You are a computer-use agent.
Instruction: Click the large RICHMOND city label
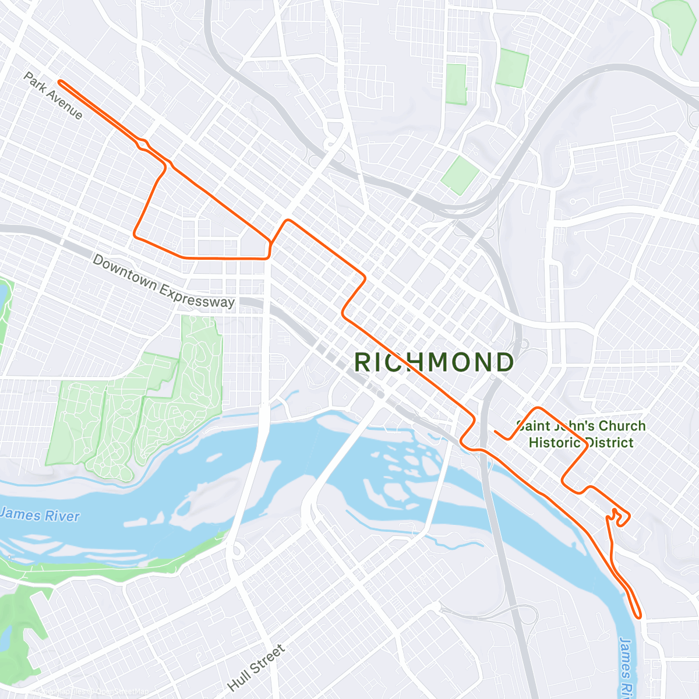click(x=434, y=362)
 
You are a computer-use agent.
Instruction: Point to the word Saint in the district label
click(x=532, y=426)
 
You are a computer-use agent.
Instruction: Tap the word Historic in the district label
click(x=554, y=443)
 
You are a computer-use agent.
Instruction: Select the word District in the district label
click(x=609, y=443)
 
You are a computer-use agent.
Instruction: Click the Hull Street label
click(x=256, y=668)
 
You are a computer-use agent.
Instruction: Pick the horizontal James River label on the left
click(x=40, y=515)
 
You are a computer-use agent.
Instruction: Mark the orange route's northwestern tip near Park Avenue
click(x=60, y=83)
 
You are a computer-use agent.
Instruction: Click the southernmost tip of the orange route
click(x=639, y=616)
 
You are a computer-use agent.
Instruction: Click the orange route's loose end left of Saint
click(x=495, y=432)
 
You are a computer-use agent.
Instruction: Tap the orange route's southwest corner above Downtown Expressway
click(x=135, y=235)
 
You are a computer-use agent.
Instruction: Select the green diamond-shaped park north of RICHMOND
click(x=460, y=175)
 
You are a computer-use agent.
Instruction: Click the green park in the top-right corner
click(x=676, y=23)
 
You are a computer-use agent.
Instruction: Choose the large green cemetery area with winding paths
click(x=140, y=408)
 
